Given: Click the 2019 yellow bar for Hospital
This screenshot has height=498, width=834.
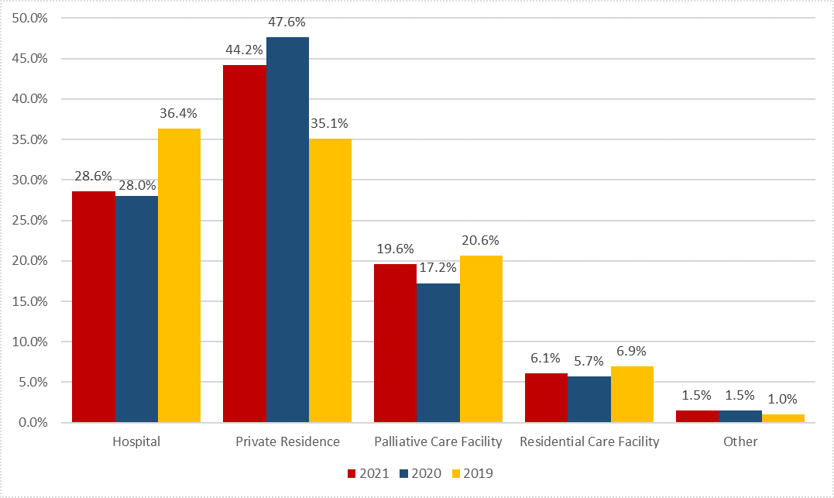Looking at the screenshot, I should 179,275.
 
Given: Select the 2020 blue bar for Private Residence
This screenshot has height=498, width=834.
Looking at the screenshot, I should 287,229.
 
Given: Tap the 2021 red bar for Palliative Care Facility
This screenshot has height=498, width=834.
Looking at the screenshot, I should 395,343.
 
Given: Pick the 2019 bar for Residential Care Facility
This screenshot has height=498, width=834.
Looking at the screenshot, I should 632,394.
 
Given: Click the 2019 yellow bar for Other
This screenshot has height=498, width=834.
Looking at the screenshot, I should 783,418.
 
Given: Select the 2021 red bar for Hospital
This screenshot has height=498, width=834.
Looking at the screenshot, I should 94,307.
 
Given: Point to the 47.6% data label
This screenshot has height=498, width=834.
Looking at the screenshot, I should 287,22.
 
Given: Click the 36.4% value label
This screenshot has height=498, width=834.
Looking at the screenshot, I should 179,113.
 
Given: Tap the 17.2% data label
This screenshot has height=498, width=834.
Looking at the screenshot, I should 438,268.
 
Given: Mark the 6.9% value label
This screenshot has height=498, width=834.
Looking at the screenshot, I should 632,351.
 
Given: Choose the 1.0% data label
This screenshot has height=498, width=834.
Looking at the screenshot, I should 783,400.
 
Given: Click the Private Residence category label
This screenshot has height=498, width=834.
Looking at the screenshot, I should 287,442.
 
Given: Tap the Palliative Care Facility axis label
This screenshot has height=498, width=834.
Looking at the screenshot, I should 438,442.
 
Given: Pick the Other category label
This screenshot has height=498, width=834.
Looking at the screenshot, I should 740,442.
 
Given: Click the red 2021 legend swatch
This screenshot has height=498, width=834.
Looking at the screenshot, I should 352,473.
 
